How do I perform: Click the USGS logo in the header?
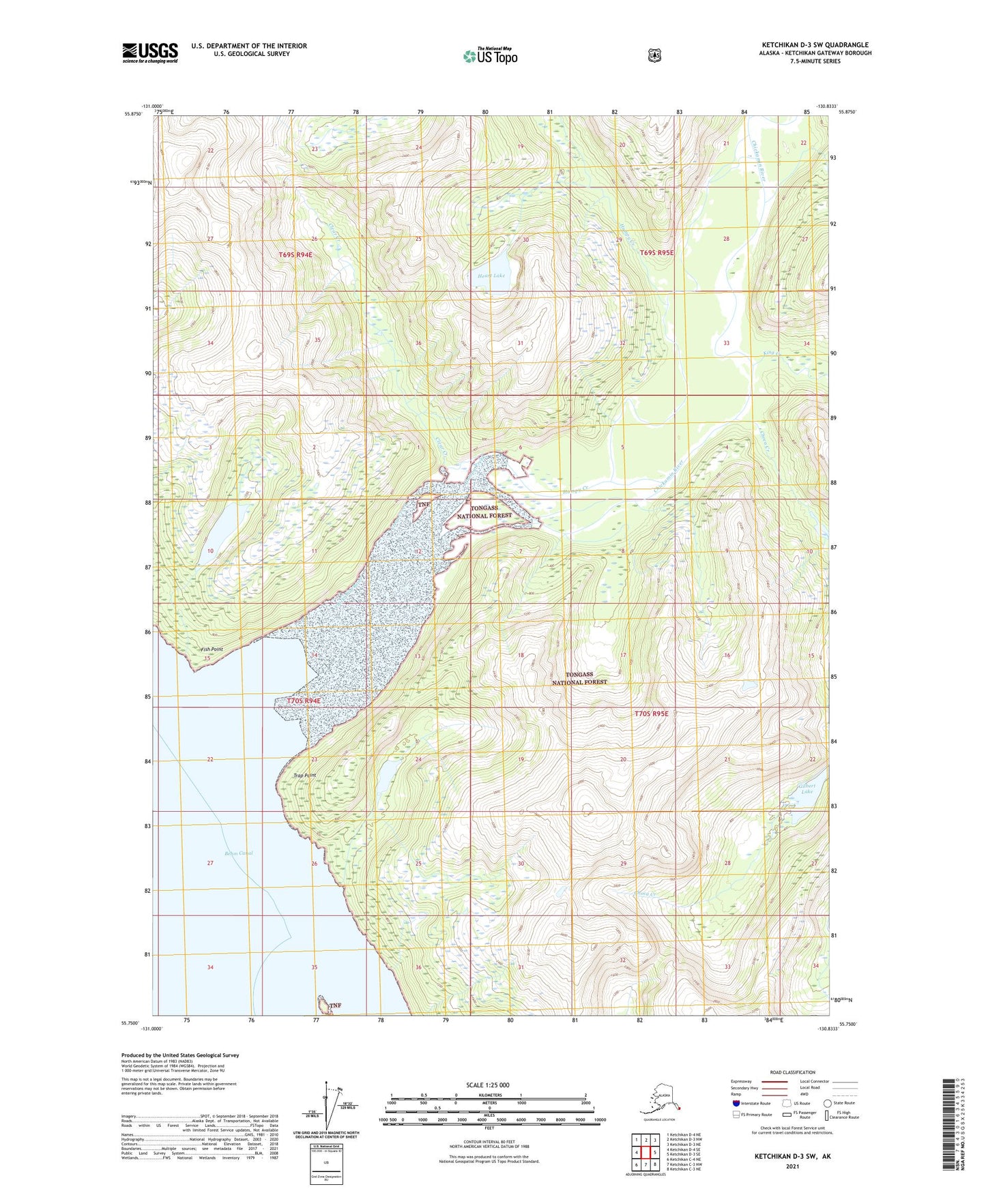click(150, 53)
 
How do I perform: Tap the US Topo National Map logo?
click(490, 55)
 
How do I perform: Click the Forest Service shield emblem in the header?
click(654, 55)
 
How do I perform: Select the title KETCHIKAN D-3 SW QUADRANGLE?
click(815, 45)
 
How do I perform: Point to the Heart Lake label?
click(491, 276)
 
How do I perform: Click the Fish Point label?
click(212, 649)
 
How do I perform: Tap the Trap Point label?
click(304, 776)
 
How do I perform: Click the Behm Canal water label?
click(238, 853)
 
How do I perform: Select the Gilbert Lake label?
click(807, 789)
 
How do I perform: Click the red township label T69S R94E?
click(295, 254)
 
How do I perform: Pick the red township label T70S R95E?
click(651, 714)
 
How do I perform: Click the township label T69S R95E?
click(656, 252)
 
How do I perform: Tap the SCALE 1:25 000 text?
click(487, 1085)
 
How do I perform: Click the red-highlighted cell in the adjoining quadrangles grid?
click(646, 1152)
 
